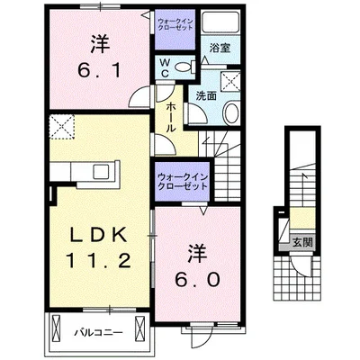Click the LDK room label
(98, 236)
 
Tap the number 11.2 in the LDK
(98, 260)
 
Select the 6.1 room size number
(99, 71)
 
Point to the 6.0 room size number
(198, 280)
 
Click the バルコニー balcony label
(99, 332)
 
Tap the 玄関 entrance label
(302, 242)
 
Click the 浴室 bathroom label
(220, 48)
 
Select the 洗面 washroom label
(206, 95)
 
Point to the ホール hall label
(170, 117)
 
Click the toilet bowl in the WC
(184, 67)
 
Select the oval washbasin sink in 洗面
(231, 112)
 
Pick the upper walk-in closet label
(175, 24)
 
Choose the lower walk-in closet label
(183, 181)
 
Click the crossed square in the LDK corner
(62, 127)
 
